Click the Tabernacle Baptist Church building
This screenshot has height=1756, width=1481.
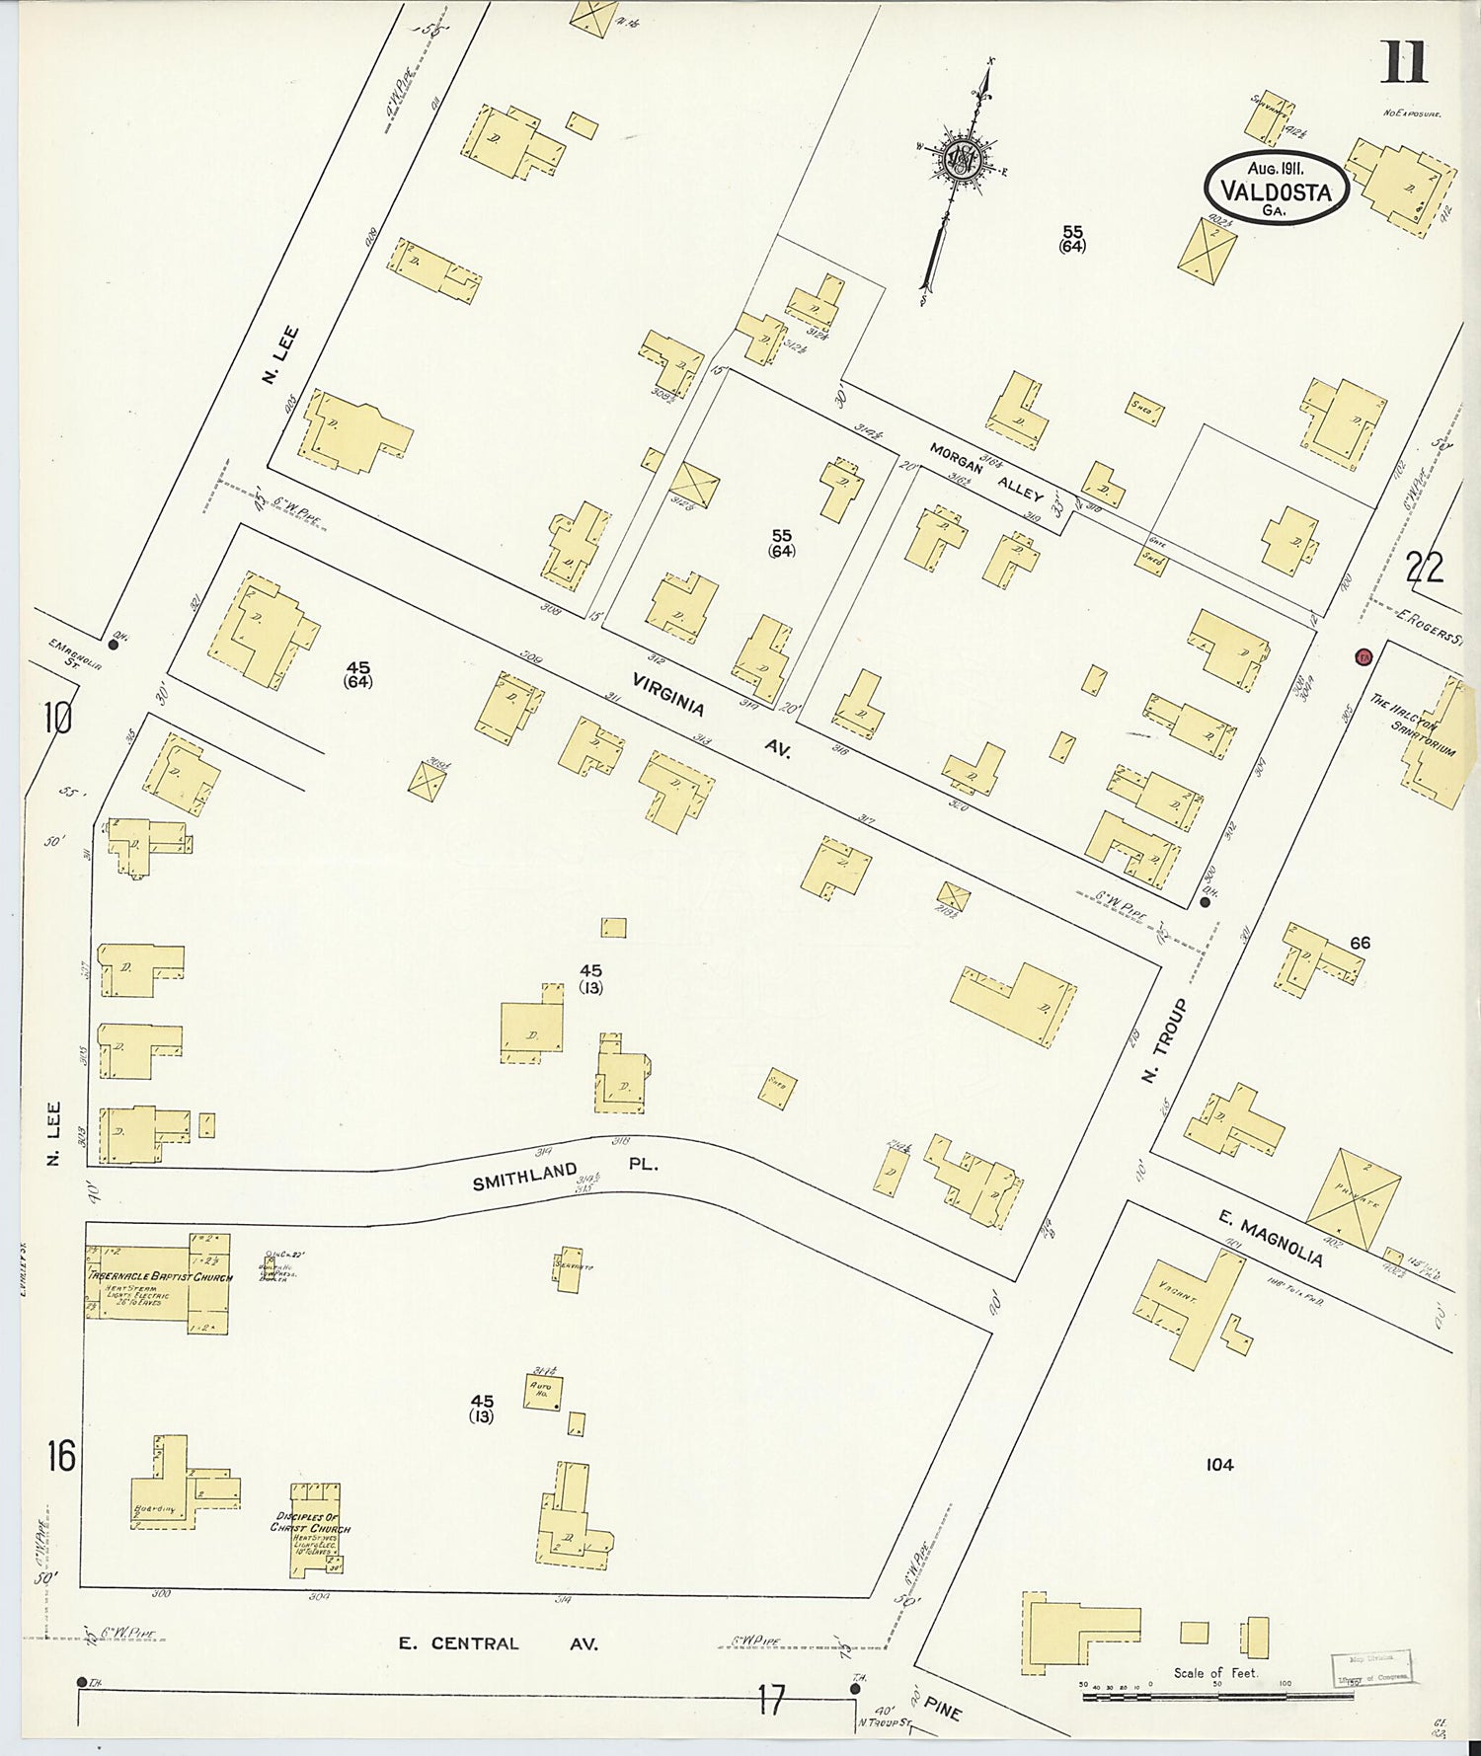point(158,1283)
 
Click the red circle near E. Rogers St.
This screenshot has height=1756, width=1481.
point(1364,656)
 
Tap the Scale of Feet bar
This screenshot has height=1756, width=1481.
point(1214,1696)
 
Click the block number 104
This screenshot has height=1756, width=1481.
point(1219,1465)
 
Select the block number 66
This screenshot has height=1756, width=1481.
point(1360,943)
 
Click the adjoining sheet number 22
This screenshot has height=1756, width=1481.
point(1425,568)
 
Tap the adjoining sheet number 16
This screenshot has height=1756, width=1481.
point(59,1455)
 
